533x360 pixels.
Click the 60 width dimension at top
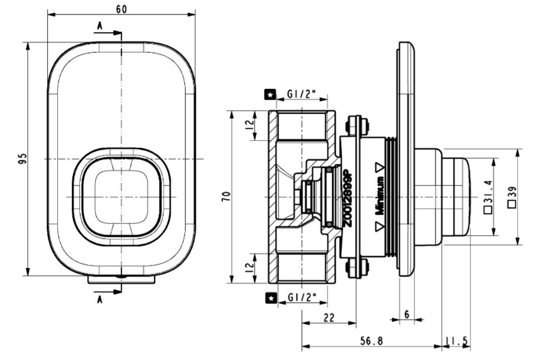point(121,8)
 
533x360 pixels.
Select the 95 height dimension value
point(22,159)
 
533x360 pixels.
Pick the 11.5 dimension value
point(457,341)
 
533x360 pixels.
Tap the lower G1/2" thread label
point(302,298)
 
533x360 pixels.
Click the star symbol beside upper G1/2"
point(271,93)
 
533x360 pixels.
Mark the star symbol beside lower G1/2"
point(271,298)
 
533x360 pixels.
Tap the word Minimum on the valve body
point(379,197)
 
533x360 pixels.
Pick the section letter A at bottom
point(100,300)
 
